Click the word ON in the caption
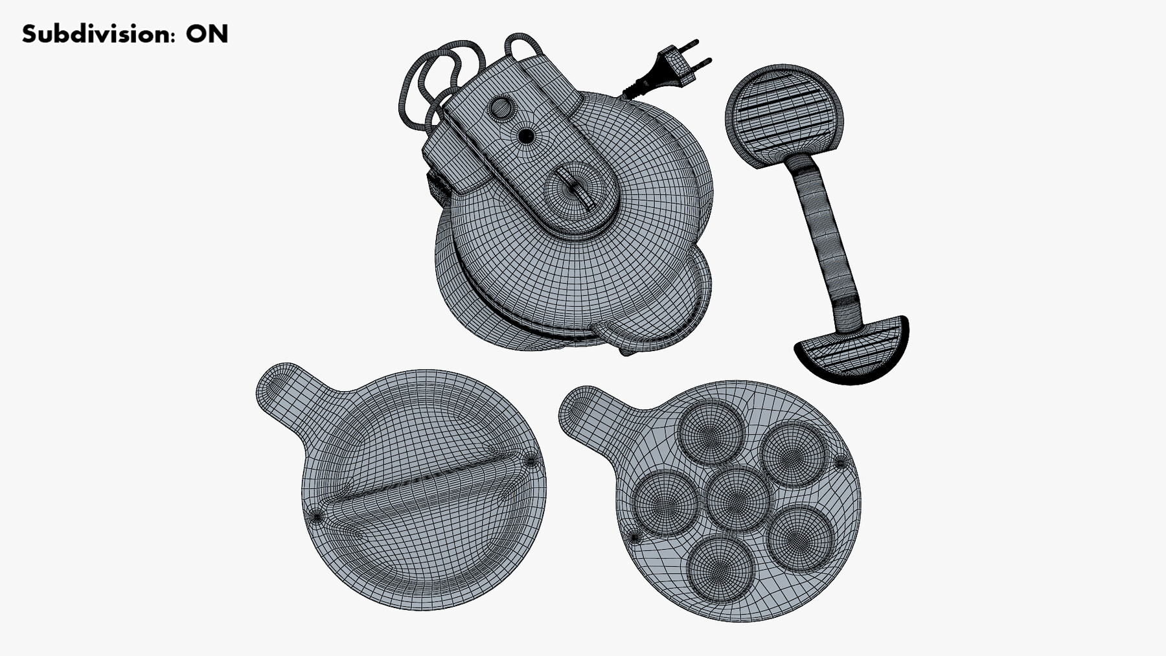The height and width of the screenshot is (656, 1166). (207, 34)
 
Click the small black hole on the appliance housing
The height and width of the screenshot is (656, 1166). (527, 136)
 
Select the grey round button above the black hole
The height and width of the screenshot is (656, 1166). (501, 107)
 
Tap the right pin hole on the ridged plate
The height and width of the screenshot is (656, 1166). (531, 461)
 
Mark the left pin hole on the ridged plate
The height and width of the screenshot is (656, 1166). (316, 516)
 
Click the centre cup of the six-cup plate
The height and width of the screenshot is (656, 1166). (738, 499)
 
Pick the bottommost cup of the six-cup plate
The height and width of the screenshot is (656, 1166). (720, 568)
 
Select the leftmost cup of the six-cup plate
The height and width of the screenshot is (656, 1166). (665, 502)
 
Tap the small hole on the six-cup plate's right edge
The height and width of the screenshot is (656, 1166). (840, 462)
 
